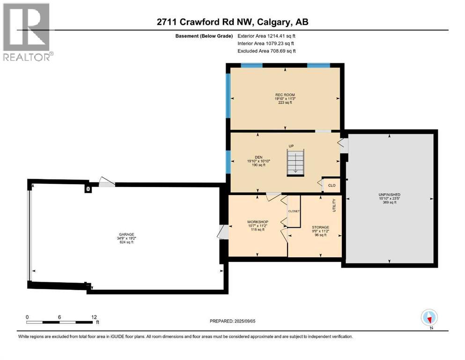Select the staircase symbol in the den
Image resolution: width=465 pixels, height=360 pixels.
pos(295,162)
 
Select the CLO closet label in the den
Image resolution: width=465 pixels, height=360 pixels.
pos(332,186)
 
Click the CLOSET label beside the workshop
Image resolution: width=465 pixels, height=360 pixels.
pos(294,211)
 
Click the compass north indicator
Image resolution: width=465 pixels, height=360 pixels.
pos(429,318)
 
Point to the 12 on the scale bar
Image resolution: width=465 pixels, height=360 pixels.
pos(94,317)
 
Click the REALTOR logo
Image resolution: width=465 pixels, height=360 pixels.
pos(27,32)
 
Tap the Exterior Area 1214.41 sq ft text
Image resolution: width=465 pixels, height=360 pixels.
pos(266,36)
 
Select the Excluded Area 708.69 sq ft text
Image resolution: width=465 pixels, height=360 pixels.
pos(266,51)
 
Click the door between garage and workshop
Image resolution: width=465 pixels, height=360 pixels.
pos(223,232)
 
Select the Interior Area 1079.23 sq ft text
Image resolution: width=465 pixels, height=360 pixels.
pos(266,43)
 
